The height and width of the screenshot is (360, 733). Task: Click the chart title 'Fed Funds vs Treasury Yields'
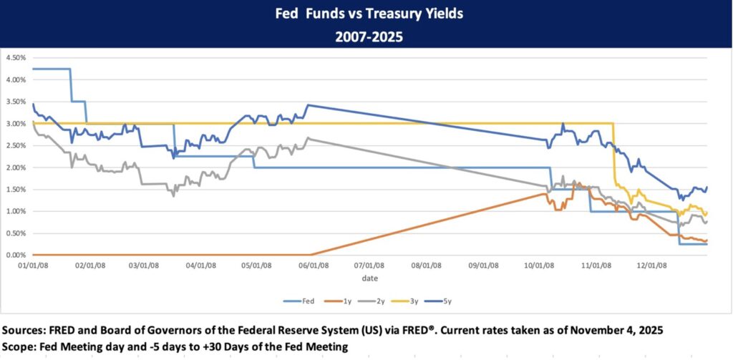coord(366,14)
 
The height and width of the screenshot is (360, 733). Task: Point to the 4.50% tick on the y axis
coord(15,57)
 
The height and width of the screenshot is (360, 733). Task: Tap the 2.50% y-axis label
coord(15,145)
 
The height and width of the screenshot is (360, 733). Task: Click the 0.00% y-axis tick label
coord(15,255)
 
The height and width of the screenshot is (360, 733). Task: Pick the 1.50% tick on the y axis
coord(15,189)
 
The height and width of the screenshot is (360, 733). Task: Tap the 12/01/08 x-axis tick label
coord(652,264)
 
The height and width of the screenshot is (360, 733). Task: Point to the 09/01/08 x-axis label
coord(483,264)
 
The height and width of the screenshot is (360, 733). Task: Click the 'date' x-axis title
coord(369,277)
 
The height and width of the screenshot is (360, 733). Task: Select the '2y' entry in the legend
coord(382,301)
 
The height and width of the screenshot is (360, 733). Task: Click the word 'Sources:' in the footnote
coord(28,331)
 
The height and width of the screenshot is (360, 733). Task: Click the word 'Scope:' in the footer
coord(23,347)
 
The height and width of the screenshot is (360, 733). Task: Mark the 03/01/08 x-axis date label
coord(145,264)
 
